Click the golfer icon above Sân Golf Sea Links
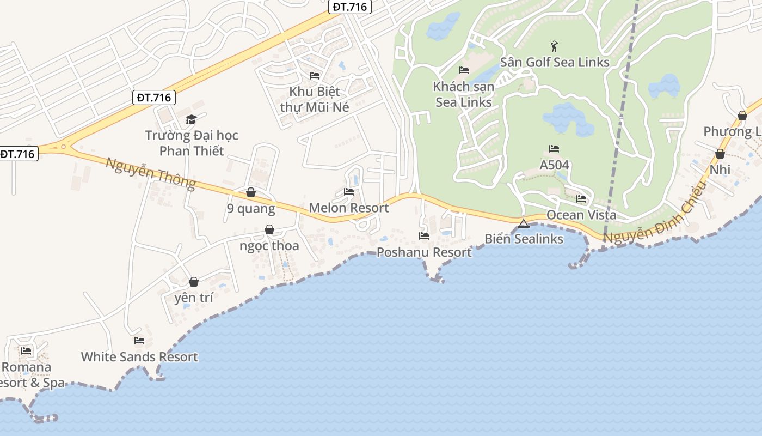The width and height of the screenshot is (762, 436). click(x=555, y=46)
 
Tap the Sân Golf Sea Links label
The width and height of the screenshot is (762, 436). click(x=555, y=62)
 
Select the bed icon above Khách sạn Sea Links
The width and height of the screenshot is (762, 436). click(x=464, y=70)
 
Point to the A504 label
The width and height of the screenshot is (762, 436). click(x=554, y=165)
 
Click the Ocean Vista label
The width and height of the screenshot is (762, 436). click(x=581, y=215)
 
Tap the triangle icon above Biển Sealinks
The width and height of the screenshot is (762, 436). click(x=524, y=223)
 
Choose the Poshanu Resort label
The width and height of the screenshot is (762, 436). click(x=424, y=252)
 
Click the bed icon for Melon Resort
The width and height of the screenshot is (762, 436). click(x=349, y=192)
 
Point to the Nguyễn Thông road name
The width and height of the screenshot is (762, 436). click(x=151, y=173)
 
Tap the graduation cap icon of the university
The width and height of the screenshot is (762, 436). click(x=191, y=119)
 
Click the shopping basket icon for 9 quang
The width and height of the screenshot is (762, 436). click(x=251, y=192)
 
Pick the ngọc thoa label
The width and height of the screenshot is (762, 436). click(x=269, y=246)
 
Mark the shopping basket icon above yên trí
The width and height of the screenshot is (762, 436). click(x=193, y=282)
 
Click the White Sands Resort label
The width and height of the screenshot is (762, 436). click(x=139, y=357)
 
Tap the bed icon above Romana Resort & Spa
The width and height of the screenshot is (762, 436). click(x=26, y=350)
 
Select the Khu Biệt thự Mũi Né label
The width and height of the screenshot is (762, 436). click(x=315, y=99)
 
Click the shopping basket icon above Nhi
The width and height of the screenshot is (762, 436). click(x=720, y=154)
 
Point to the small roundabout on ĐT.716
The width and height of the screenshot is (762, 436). click(x=64, y=146)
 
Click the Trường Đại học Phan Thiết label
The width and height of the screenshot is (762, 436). click(x=192, y=143)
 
